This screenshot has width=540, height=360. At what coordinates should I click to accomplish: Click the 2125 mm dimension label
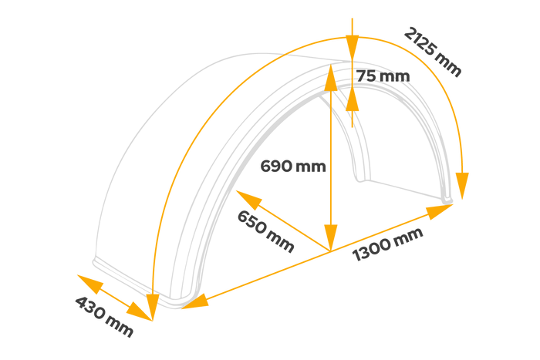(432, 52)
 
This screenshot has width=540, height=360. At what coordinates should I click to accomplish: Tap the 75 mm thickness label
(383, 76)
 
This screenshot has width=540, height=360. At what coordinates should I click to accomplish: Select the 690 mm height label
(293, 167)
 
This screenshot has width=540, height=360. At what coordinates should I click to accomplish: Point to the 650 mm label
(265, 231)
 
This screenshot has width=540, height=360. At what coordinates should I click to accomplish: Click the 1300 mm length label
(388, 244)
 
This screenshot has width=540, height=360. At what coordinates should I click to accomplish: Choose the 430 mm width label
(104, 316)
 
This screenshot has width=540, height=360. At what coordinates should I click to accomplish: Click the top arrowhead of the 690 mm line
(331, 77)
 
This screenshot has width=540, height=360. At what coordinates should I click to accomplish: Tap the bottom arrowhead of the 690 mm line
(331, 237)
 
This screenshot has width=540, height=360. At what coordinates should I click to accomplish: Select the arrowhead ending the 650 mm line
(249, 200)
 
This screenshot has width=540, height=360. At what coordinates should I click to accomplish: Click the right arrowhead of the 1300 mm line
(440, 211)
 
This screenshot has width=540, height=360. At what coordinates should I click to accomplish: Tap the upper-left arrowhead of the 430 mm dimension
(90, 284)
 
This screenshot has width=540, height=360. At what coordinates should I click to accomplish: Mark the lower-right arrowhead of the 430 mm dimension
(139, 311)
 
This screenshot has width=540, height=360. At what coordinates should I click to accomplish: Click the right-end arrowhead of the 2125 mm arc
(462, 186)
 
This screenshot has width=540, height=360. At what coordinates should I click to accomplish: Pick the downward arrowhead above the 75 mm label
(352, 49)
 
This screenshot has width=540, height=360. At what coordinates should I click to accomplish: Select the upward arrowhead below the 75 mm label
(352, 98)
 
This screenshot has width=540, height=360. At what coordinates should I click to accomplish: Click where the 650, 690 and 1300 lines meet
(331, 251)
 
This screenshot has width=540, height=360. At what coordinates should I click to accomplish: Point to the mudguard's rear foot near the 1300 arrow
(447, 200)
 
